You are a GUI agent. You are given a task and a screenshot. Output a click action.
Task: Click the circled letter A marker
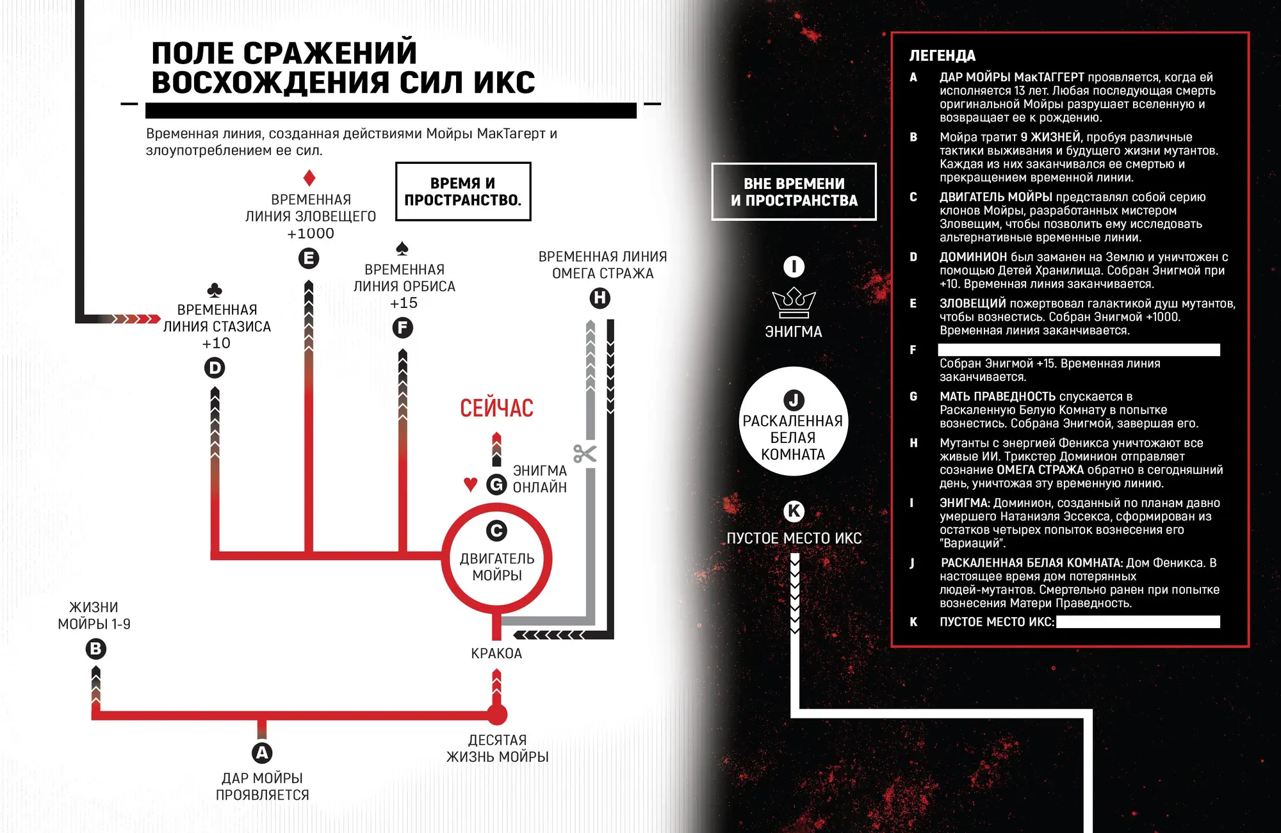tap(262, 753)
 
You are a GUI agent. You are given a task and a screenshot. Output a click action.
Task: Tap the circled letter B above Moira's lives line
tap(95, 649)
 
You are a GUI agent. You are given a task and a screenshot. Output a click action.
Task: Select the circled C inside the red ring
tap(496, 531)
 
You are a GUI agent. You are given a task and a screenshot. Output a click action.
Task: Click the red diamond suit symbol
tap(309, 178)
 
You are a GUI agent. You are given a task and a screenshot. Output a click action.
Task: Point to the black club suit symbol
tap(215, 290)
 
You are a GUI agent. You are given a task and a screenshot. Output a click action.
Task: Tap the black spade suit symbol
tap(402, 248)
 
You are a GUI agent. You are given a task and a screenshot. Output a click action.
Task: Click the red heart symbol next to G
tap(471, 485)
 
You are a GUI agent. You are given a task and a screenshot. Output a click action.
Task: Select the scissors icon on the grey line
tap(585, 454)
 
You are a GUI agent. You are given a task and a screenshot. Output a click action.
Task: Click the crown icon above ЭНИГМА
tap(794, 303)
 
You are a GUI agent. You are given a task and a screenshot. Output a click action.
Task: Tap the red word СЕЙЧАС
tap(496, 408)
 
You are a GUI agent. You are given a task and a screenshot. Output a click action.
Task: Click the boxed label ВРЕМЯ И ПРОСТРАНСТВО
tap(463, 191)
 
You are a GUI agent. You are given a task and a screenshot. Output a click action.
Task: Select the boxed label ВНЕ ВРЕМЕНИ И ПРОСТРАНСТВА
tap(794, 192)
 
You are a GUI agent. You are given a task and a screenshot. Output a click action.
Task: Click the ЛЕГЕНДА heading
tap(942, 56)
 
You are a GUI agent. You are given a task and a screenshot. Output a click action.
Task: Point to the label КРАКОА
tap(496, 654)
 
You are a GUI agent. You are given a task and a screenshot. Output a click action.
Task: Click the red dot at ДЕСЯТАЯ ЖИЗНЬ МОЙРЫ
tap(497, 715)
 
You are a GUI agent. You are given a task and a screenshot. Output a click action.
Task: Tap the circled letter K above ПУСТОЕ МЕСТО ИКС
tap(794, 511)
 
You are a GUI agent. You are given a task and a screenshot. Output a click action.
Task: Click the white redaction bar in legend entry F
tap(1079, 350)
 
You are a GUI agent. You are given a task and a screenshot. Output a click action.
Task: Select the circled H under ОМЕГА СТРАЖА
tap(600, 298)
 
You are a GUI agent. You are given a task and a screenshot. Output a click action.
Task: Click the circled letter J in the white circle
tap(794, 400)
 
